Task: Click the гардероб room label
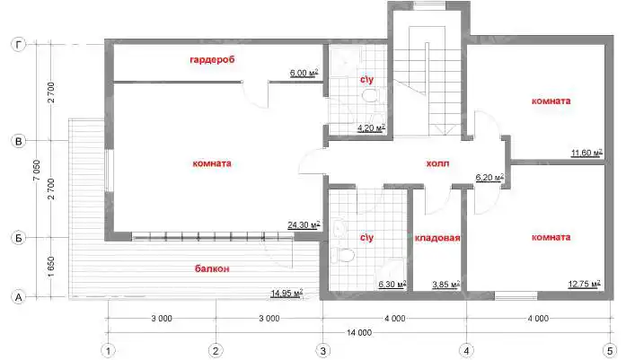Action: coord(212,60)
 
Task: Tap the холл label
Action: coord(437,163)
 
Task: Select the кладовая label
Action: coord(437,238)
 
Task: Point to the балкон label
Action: coord(212,268)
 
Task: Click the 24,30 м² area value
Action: coord(304,224)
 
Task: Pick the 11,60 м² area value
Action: coord(586,153)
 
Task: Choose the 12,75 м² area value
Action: coord(584,284)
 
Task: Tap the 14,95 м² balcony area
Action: coord(287,293)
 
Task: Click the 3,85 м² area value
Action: coord(445,285)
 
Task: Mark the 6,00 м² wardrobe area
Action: coord(304,73)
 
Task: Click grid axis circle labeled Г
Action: coord(18,44)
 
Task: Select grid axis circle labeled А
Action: coord(18,297)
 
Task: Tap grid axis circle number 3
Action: coord(322,351)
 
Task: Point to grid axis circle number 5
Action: coord(610,351)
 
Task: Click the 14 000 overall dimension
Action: coord(359,332)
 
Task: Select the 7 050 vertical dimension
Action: coord(37,171)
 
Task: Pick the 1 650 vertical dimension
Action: coord(51,267)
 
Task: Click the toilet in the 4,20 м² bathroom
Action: coord(370,96)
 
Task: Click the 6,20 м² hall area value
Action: coord(489,178)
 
